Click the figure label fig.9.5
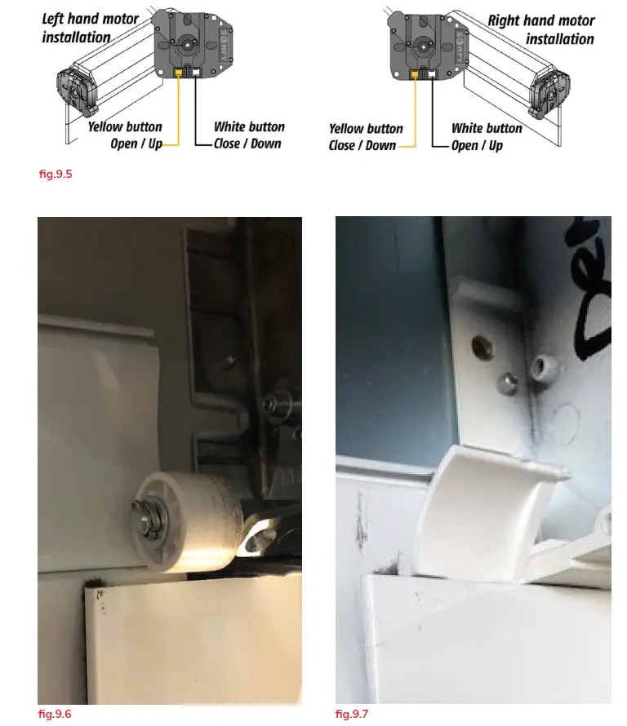(55, 173)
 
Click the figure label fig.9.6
(55, 714)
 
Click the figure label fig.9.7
(352, 714)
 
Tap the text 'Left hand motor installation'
(89, 28)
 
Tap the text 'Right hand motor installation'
(541, 29)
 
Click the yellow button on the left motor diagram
(179, 72)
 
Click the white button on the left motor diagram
(197, 72)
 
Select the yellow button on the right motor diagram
(416, 74)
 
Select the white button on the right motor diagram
(433, 74)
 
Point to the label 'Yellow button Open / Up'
(126, 135)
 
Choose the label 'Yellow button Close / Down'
(365, 137)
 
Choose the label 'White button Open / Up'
(487, 137)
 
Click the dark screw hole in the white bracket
(482, 348)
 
